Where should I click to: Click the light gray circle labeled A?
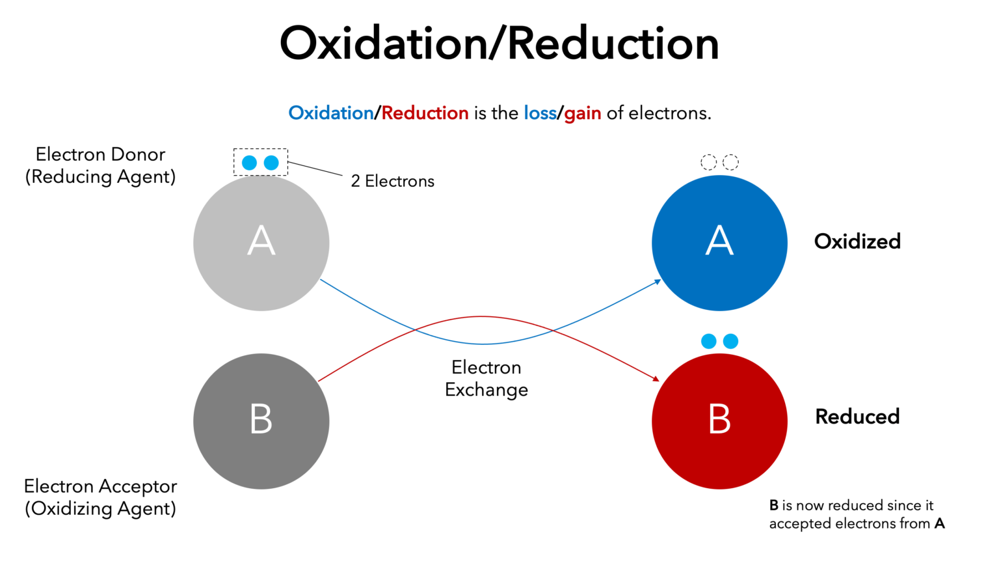tap(261, 243)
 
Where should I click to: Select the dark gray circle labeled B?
tap(261, 421)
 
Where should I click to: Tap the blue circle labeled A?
tap(719, 243)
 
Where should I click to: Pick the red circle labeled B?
tap(719, 421)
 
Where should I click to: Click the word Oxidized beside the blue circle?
tap(857, 241)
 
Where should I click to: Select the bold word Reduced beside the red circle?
tap(857, 417)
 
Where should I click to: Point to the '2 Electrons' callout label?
tap(392, 182)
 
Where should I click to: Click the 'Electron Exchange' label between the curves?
tap(486, 379)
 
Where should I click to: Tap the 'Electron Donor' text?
tap(100, 154)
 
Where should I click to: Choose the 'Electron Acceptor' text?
tap(100, 486)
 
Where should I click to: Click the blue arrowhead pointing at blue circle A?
tap(658, 282)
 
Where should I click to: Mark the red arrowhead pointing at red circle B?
tap(656, 378)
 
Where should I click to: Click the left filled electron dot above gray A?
tap(249, 163)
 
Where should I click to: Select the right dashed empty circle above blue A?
tap(731, 162)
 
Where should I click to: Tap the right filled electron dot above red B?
tap(731, 341)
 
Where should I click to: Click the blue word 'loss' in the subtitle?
tap(540, 113)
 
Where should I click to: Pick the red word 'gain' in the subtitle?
tap(583, 114)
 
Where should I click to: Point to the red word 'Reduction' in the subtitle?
tap(425, 113)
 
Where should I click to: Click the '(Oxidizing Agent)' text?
tap(100, 509)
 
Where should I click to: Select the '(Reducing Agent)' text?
tap(100, 177)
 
